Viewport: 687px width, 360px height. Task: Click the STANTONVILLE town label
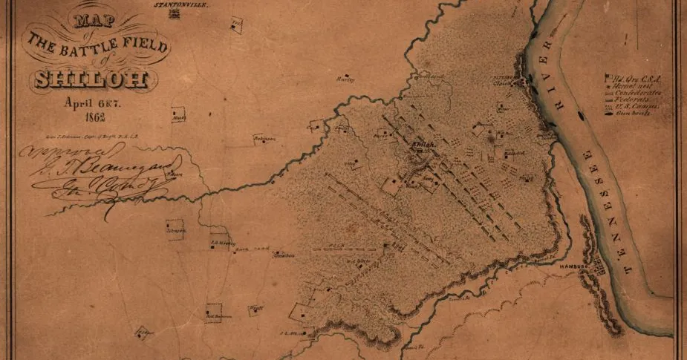pyautogui.click(x=179, y=4)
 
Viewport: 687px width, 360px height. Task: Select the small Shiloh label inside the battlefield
pyautogui.click(x=422, y=144)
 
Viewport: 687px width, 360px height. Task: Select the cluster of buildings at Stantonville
pyautogui.click(x=175, y=13)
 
